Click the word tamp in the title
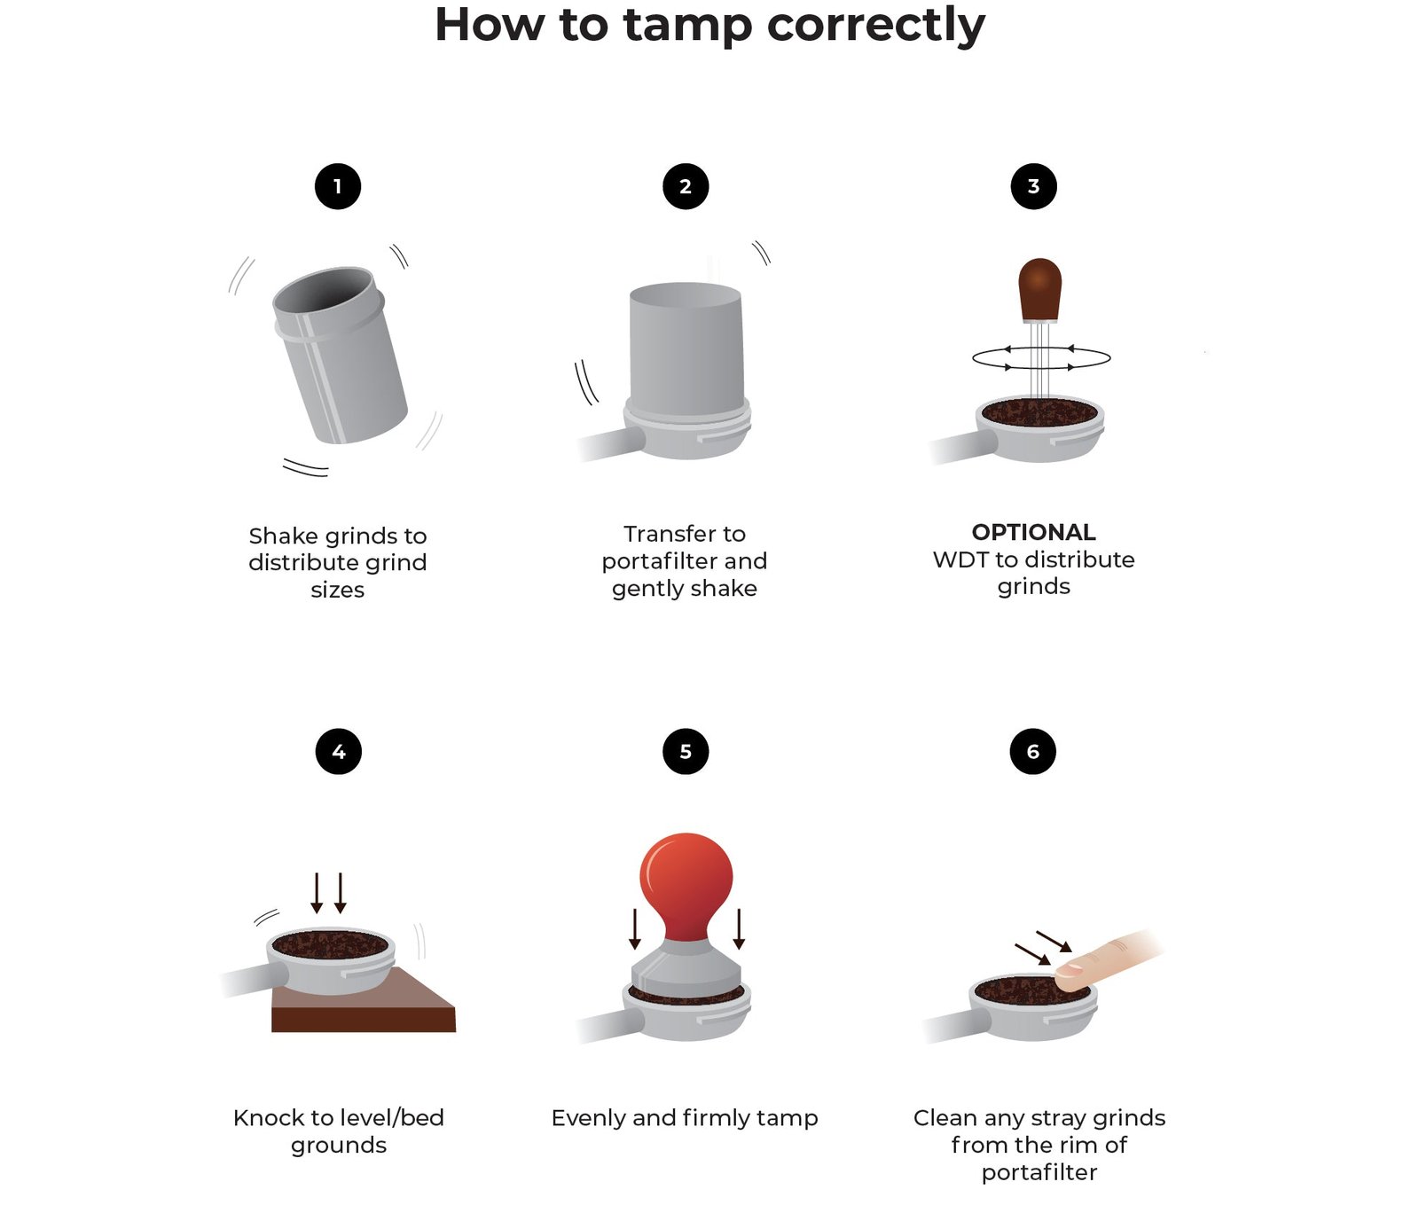(686, 25)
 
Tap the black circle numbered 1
(338, 187)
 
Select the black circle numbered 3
(1033, 187)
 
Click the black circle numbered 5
(686, 752)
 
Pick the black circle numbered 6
(1033, 752)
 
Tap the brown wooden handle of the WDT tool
(1040, 288)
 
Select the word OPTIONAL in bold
(1033, 532)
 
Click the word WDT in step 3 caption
(960, 560)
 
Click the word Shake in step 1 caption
(283, 536)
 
